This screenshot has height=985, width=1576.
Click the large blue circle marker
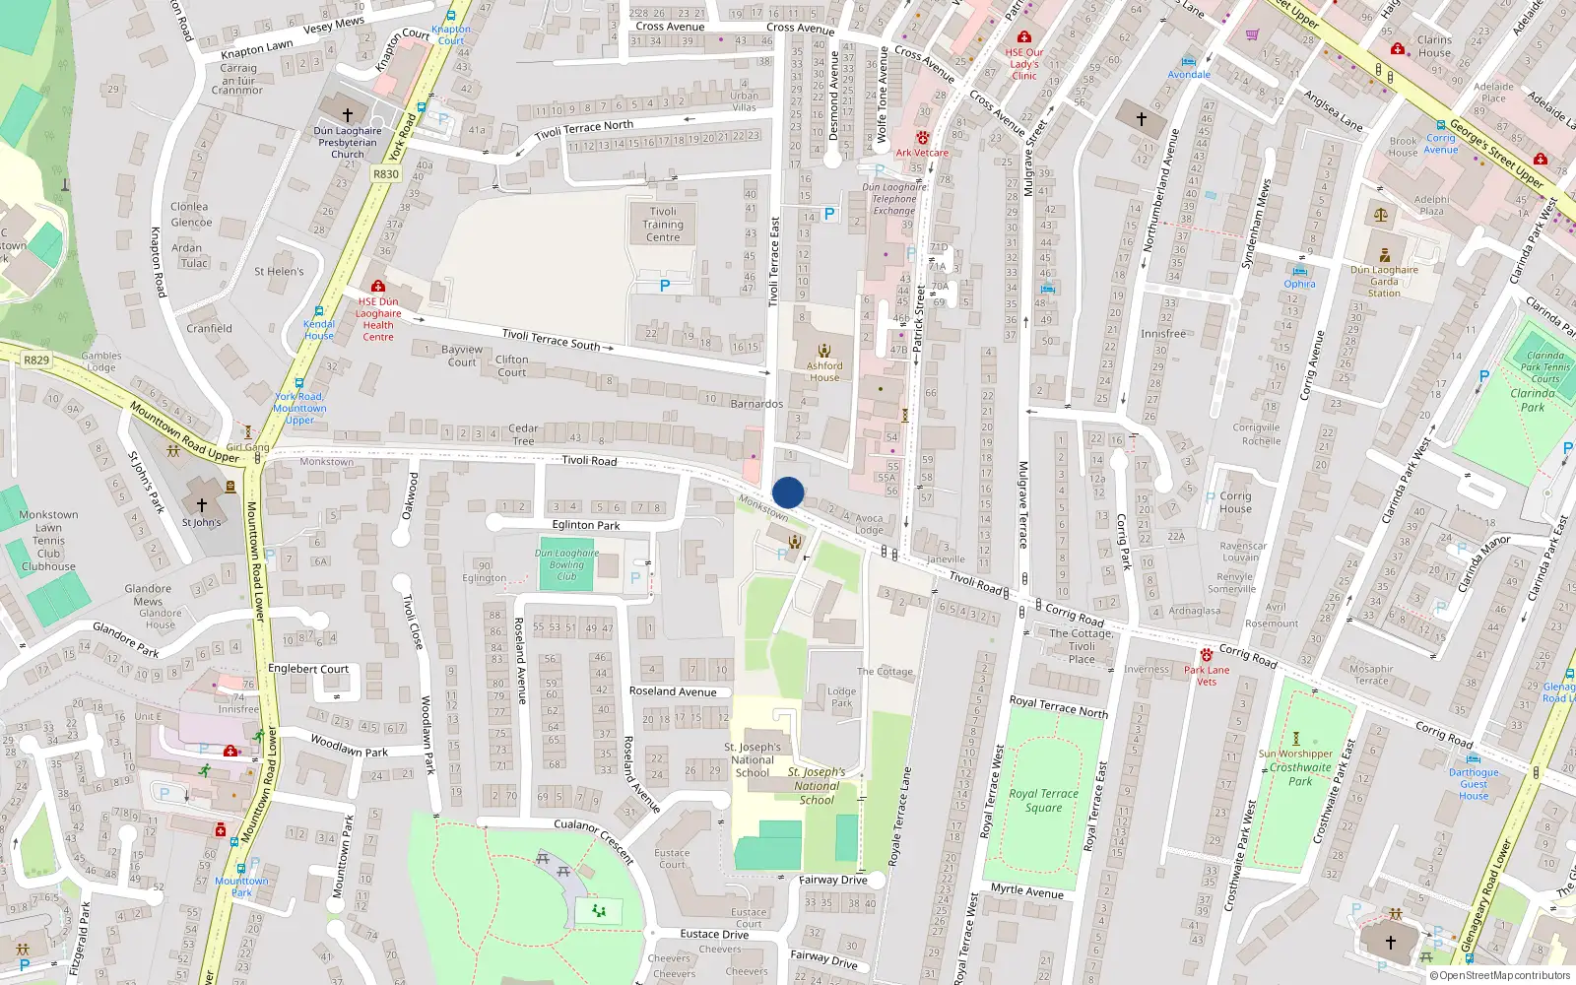click(x=788, y=492)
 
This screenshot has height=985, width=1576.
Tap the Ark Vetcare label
click(x=922, y=153)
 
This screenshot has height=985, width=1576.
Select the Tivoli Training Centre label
click(x=663, y=225)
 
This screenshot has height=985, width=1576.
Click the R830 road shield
click(x=386, y=174)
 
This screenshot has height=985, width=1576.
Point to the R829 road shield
click(x=36, y=361)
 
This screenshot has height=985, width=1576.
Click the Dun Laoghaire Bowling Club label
click(x=566, y=564)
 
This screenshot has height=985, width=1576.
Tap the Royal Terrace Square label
click(x=1043, y=800)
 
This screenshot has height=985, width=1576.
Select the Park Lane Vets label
click(x=1207, y=675)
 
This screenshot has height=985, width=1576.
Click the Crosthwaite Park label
click(x=1300, y=774)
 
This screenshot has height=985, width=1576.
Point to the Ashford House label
click(x=824, y=371)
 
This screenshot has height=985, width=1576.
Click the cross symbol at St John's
click(x=202, y=504)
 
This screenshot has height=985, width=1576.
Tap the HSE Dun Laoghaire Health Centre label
click(x=378, y=319)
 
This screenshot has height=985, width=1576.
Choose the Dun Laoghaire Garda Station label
click(x=1384, y=281)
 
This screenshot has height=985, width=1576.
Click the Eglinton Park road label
click(x=586, y=525)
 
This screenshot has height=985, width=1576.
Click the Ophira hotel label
click(x=1299, y=284)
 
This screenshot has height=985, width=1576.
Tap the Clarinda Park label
click(x=1533, y=400)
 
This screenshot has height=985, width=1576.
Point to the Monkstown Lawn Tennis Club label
click(x=48, y=540)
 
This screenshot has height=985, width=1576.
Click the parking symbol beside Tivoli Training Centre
click(x=664, y=287)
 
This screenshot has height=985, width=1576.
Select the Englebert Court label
click(x=308, y=669)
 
